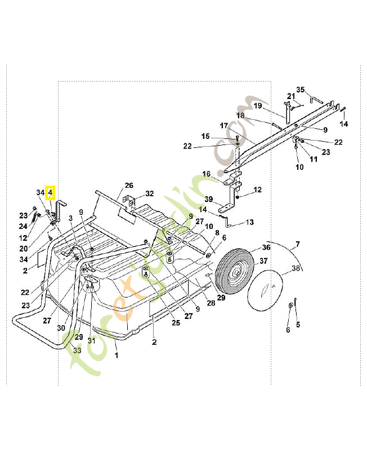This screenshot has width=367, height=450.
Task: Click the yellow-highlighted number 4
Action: tap(50, 193)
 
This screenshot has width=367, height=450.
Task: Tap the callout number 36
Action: tap(266, 247)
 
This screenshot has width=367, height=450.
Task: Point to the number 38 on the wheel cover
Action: tap(295, 268)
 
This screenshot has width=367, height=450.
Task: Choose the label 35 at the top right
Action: tap(301, 89)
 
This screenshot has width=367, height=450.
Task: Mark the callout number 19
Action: tap(258, 106)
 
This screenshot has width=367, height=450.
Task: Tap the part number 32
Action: tap(149, 193)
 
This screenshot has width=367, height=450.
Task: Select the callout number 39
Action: tap(208, 200)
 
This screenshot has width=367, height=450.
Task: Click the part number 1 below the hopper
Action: tap(117, 355)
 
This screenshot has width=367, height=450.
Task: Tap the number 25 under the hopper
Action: tap(176, 323)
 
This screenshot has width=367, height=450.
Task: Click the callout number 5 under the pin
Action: tap(298, 324)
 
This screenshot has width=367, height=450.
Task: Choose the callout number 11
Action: tap(313, 159)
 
